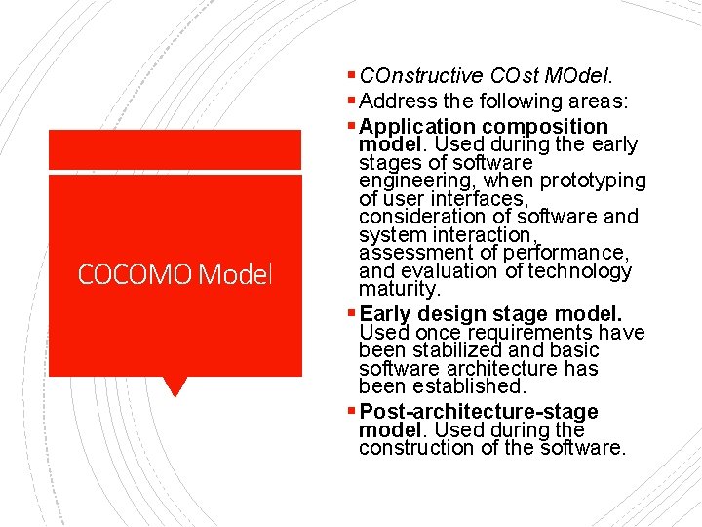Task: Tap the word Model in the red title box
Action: point(234,275)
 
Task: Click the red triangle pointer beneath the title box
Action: point(175,386)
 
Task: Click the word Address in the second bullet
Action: point(397,101)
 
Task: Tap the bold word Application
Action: point(417,127)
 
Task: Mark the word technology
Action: point(581,271)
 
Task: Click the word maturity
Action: point(400,289)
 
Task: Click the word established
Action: point(478,386)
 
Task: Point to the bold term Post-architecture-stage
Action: point(479,412)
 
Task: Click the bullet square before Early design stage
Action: point(352,314)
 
